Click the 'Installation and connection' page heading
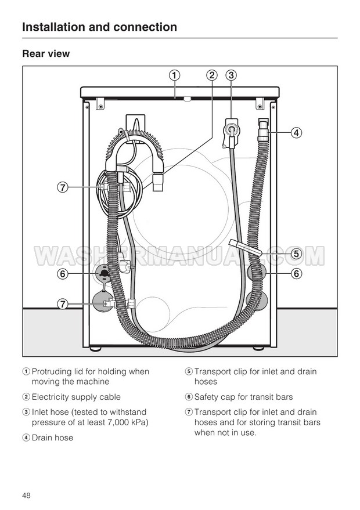100,27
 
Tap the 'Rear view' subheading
46,53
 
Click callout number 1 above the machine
174,75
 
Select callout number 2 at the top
211,75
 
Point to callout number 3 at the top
231,75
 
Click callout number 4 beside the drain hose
296,133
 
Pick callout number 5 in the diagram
296,254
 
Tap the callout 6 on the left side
63,274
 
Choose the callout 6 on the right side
296,273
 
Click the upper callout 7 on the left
63,187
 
